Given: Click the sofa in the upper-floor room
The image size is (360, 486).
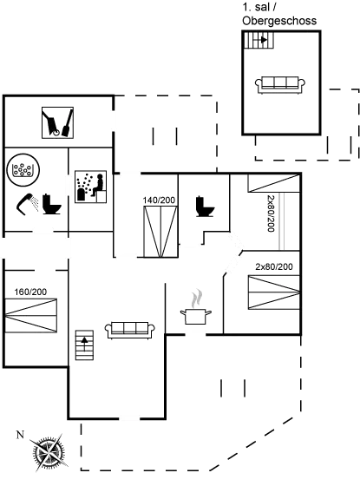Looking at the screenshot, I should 279,84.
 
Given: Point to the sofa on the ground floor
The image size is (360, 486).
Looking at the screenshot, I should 130,327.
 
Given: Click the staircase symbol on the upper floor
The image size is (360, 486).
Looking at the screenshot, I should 256,42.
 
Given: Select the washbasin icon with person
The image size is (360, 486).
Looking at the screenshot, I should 89,186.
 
